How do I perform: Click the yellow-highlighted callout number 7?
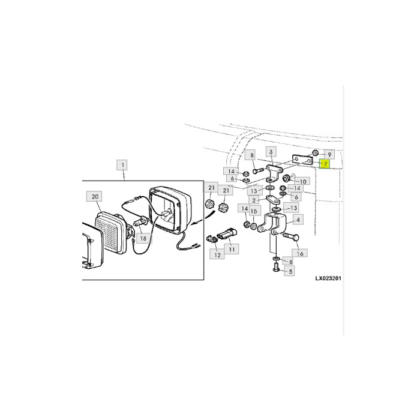pyautogui.click(x=325, y=163)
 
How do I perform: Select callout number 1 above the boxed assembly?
pyautogui.click(x=122, y=165)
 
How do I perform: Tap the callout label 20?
pyautogui.click(x=95, y=197)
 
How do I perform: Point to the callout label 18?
pyautogui.click(x=143, y=238)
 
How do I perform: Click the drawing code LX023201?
pyautogui.click(x=328, y=278)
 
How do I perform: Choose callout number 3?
pyautogui.click(x=271, y=152)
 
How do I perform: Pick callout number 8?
pyautogui.click(x=252, y=155)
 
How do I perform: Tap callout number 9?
pyautogui.click(x=329, y=155)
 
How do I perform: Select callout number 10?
pyautogui.click(x=302, y=182)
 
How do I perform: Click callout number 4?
pyautogui.click(x=298, y=220)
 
